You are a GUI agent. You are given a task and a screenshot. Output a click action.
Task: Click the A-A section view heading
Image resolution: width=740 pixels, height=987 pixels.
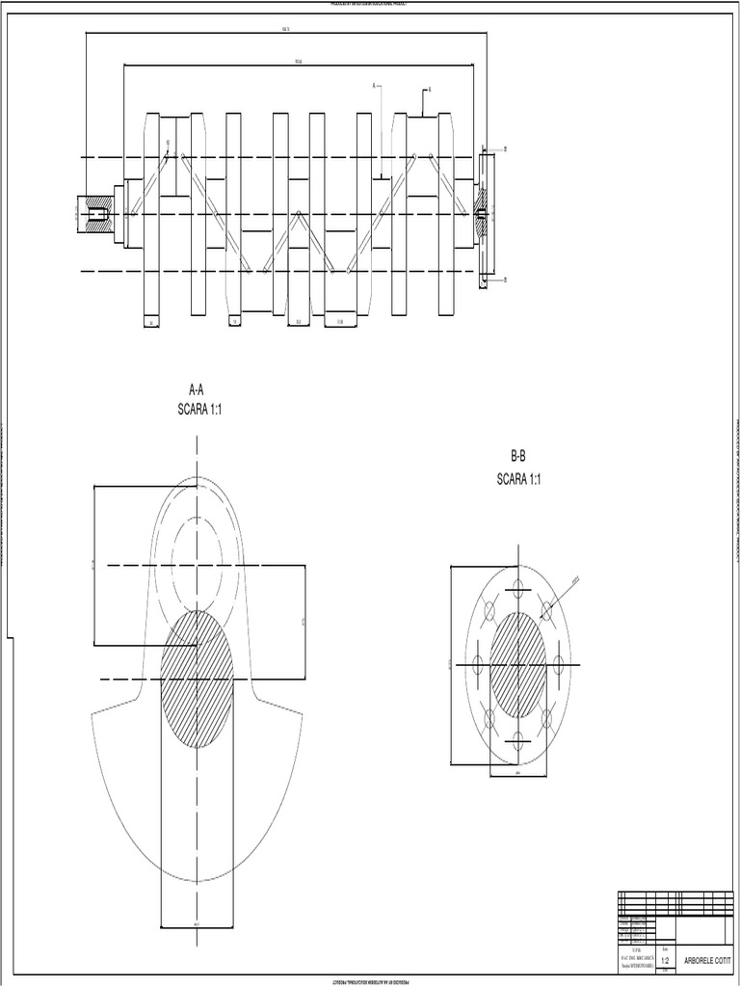(197, 390)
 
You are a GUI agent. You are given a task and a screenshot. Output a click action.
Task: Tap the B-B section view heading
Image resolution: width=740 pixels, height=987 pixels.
(518, 456)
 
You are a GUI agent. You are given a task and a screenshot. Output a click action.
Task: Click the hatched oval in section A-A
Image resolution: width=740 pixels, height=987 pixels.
(197, 679)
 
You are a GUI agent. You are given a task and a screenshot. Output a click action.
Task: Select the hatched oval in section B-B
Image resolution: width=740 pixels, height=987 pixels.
(518, 665)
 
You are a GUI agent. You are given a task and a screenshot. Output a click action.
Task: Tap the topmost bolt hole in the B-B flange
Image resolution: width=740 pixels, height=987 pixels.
(518, 588)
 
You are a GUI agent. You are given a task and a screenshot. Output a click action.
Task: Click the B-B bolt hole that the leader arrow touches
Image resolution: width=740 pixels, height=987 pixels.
(547, 609)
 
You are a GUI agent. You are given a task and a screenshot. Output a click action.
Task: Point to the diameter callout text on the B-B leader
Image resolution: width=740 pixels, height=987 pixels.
(575, 581)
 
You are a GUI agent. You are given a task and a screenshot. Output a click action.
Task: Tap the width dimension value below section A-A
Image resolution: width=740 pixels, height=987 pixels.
(197, 924)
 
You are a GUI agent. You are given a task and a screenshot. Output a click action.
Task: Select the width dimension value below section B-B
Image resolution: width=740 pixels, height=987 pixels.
(518, 773)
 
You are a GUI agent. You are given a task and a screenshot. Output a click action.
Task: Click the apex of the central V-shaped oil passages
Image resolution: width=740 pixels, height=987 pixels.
(299, 213)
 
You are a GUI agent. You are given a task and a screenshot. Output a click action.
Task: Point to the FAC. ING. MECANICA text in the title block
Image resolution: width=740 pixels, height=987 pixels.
(636, 956)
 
